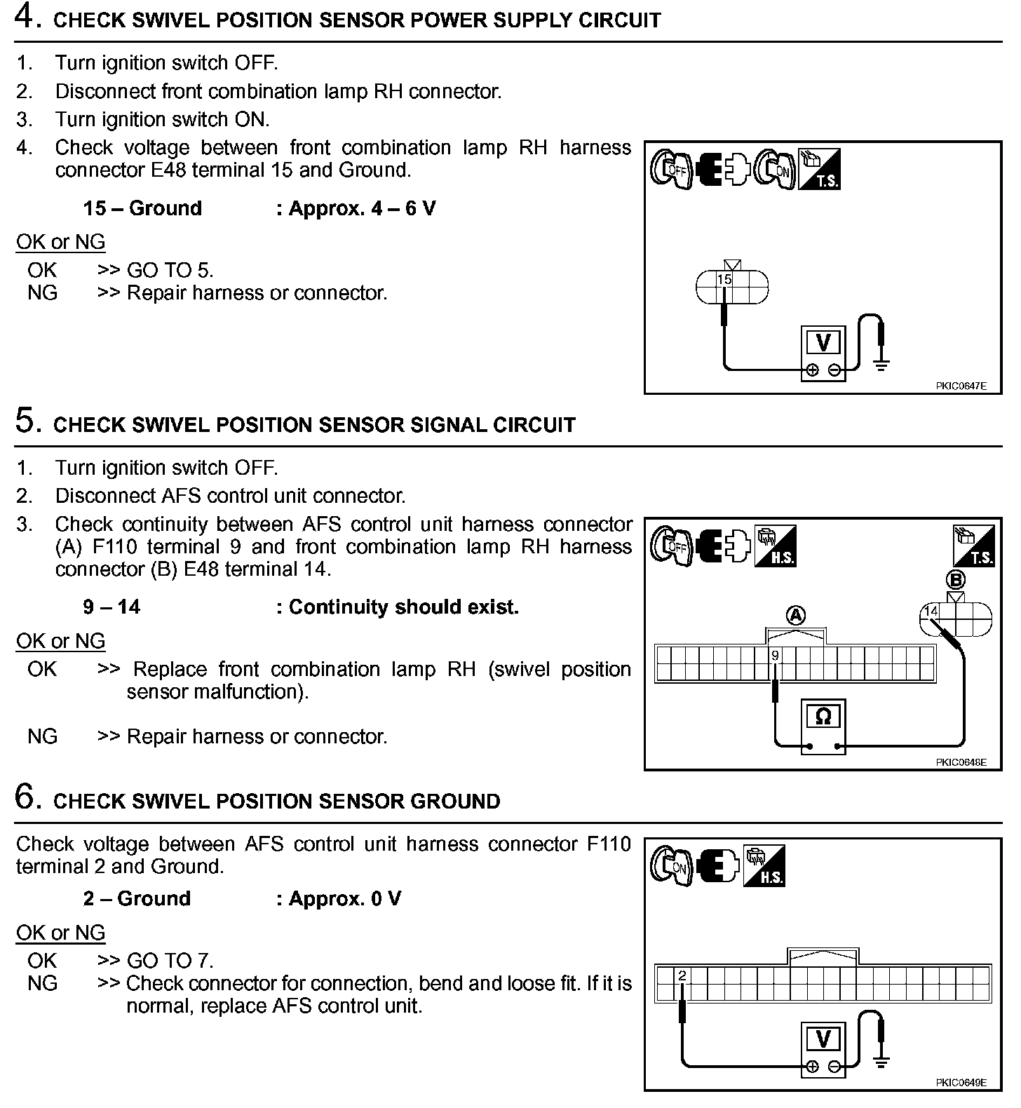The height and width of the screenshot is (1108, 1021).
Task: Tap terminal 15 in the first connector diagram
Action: [x=724, y=280]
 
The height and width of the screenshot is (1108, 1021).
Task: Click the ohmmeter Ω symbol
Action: [x=823, y=717]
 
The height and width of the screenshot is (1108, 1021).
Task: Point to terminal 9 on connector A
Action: [x=775, y=656]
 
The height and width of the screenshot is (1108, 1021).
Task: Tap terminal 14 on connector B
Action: [x=931, y=612]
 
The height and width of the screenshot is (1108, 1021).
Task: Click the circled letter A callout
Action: [x=796, y=616]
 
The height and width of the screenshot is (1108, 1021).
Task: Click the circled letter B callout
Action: [x=955, y=580]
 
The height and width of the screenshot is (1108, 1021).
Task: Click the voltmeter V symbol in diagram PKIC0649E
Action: [x=823, y=1039]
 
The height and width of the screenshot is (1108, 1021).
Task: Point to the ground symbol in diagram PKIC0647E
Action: [x=881, y=363]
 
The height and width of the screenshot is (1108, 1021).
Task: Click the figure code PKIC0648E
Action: [x=960, y=762]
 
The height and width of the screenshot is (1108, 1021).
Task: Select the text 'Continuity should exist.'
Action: [x=403, y=607]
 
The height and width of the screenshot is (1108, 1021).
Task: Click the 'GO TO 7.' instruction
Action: [x=170, y=961]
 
